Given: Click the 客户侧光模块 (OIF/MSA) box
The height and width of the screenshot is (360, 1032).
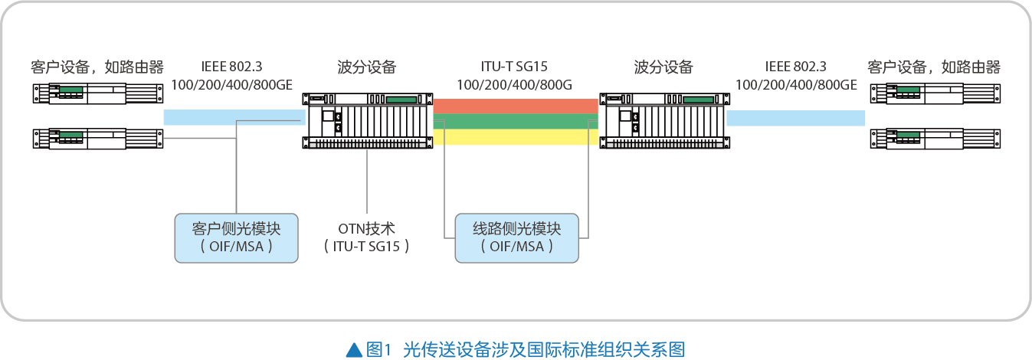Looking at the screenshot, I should pyautogui.click(x=236, y=237).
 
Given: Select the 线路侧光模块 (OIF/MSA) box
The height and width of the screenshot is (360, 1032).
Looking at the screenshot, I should pyautogui.click(x=516, y=237).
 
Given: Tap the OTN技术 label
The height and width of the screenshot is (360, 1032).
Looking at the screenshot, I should pyautogui.click(x=366, y=229).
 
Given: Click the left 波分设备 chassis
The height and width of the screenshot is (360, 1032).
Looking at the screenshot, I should pyautogui.click(x=367, y=121).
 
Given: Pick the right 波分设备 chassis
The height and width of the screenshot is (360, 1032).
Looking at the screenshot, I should pyautogui.click(x=663, y=121).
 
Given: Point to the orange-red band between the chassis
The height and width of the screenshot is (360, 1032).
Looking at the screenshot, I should pyautogui.click(x=516, y=106).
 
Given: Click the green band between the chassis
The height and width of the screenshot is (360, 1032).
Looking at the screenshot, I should pyautogui.click(x=516, y=121).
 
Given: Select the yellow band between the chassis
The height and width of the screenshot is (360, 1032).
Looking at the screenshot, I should pyautogui.click(x=516, y=137).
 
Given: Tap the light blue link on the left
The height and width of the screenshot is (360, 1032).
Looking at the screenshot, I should pyautogui.click(x=234, y=116).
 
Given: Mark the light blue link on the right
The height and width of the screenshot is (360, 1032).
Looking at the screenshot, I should pyautogui.click(x=795, y=117).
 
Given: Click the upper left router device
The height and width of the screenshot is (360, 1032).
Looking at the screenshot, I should pyautogui.click(x=98, y=93).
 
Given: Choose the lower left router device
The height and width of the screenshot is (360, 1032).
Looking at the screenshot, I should pyautogui.click(x=98, y=139).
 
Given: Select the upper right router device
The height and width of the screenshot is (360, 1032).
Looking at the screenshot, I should pyautogui.click(x=934, y=93).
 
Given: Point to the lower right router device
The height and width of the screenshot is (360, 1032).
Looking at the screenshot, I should pyautogui.click(x=934, y=139).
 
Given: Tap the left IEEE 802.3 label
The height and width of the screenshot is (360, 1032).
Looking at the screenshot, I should pyautogui.click(x=236, y=67).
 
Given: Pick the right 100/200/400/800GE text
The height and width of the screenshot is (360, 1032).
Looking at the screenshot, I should pyautogui.click(x=795, y=84).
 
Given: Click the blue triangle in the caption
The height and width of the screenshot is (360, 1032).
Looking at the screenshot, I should pyautogui.click(x=354, y=350).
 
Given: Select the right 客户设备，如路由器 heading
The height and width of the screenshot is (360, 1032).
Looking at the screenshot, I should pyautogui.click(x=934, y=67).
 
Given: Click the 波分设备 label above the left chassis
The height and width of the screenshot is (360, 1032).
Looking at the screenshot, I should pyautogui.click(x=367, y=67).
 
